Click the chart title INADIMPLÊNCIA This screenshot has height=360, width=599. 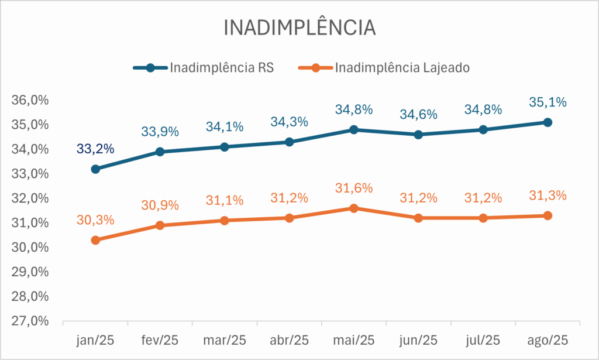point(299,28)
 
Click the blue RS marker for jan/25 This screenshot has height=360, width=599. point(95,169)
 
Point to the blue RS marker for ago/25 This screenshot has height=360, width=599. point(548,122)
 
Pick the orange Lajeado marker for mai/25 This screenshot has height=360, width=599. point(353,208)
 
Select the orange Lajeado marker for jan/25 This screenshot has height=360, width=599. point(95,240)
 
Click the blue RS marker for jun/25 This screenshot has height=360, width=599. point(418,135)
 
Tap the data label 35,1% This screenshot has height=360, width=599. point(548,102)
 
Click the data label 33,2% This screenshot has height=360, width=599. point(95,149)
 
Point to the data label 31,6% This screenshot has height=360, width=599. point(353,188)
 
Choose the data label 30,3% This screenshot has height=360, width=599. point(95,220)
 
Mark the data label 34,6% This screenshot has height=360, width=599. point(418,115)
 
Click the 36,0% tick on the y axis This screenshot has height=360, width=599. point(30,101)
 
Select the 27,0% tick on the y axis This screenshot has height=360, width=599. point(30,321)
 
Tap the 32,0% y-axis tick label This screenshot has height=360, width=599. point(30,198)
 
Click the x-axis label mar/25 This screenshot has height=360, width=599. point(225,340)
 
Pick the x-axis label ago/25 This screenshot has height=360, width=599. point(548,340)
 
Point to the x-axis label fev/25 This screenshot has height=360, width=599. point(160,340)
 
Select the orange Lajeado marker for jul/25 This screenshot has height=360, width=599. point(483,218)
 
